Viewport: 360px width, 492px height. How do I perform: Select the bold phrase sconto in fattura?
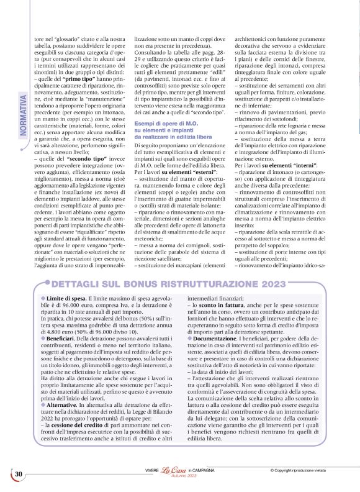click(x=220, y=306)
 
